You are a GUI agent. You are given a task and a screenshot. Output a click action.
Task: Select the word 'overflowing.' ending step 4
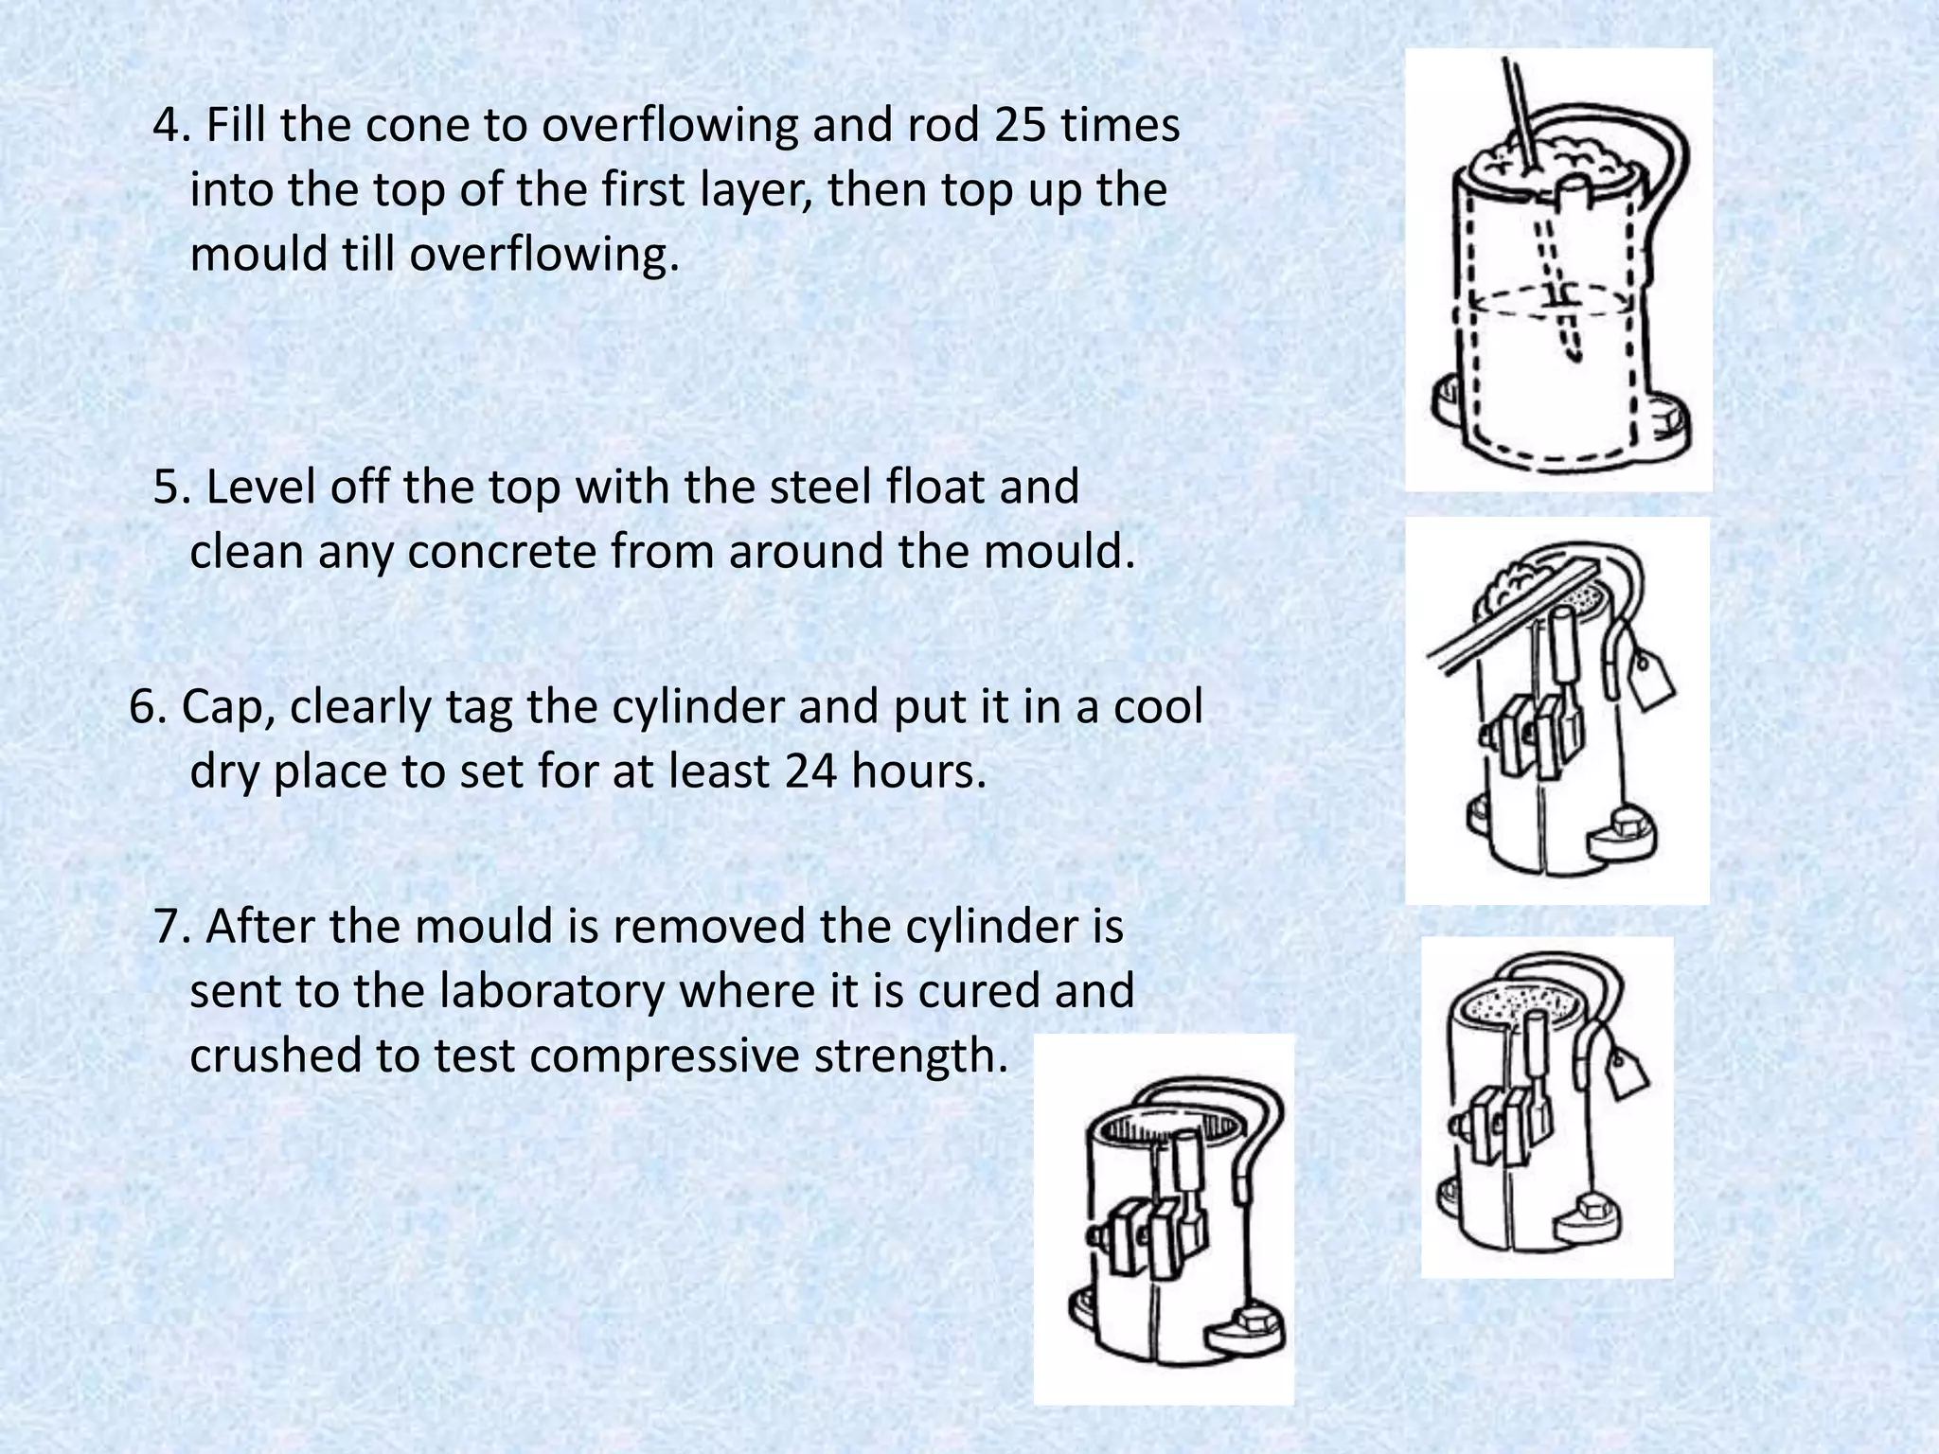coord(544,255)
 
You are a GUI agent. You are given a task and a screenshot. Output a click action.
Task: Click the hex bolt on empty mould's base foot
coord(1252,1318)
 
